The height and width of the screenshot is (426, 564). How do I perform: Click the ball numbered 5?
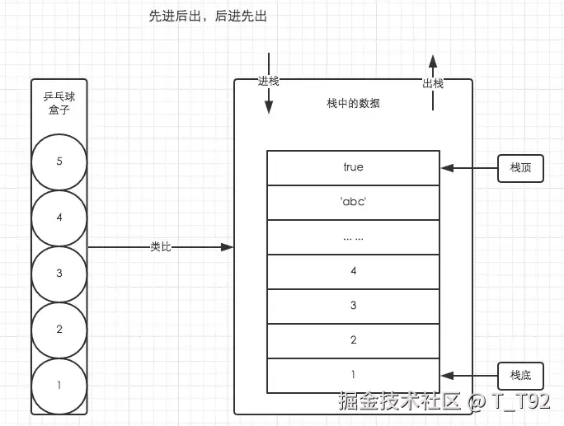pos(59,162)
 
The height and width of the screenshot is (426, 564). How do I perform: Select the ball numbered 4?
pos(59,218)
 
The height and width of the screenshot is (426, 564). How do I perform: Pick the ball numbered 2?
pos(59,330)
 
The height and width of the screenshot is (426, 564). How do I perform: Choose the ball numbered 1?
pos(59,385)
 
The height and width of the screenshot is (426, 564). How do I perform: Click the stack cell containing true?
pos(353,167)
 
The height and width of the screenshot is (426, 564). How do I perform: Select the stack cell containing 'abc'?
pos(353,202)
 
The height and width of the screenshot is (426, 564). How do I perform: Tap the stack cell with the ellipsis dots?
pos(353,236)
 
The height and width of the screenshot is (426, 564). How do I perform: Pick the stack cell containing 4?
pos(353,271)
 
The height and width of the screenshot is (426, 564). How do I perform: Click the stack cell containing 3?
pos(353,306)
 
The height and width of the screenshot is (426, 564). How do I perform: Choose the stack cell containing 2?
pos(353,340)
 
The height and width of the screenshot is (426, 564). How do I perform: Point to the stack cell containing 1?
pos(353,375)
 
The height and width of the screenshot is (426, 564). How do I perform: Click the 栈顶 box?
pos(521,167)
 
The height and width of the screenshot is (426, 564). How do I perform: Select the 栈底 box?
pos(521,376)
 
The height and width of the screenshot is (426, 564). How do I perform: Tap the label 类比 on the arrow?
pos(162,246)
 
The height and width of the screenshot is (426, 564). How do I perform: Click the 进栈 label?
pos(269,82)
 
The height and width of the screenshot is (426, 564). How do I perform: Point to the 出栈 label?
pos(433,83)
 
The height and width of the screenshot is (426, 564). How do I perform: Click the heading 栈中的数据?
pos(353,104)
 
